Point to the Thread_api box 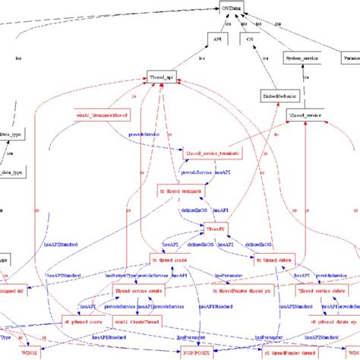[166, 77]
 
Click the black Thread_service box [305, 115]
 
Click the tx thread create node [169, 257]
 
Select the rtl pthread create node [81, 321]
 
